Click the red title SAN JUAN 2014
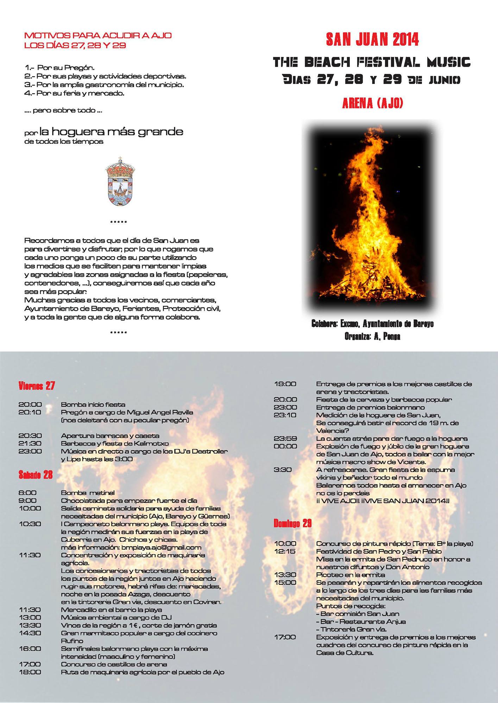pos(372,39)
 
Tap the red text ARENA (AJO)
pos(372,103)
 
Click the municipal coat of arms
pos(120,182)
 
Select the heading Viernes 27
pos(37,386)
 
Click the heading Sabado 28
pos(36,475)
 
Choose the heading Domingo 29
pos(292,523)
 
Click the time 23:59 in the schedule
pos(285,438)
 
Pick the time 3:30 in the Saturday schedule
pos(282,470)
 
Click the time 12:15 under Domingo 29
pos(285,552)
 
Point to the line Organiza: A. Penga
pos(372,336)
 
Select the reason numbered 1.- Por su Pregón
pos(59,67)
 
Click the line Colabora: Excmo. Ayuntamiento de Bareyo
pos(372,323)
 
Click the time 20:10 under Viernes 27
pos(30,412)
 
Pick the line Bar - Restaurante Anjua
pos(361,621)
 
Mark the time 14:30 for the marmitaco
pos(30,633)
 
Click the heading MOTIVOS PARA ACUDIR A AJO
pos(98,36)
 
